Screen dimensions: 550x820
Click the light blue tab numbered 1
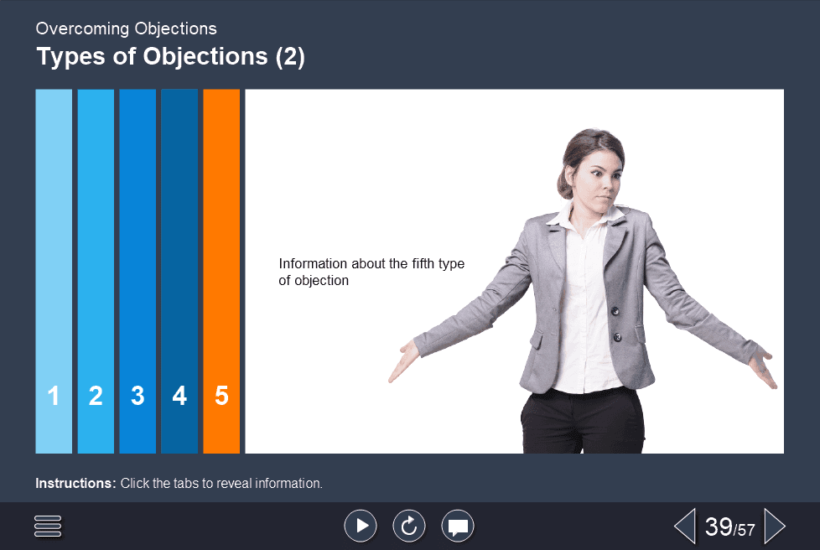54,271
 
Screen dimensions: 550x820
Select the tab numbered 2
96,271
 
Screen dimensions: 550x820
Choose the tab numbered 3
138,271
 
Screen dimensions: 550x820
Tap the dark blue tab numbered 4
179,271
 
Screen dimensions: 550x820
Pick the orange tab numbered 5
221,271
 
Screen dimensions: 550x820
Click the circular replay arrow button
409,526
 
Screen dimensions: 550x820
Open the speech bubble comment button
458,526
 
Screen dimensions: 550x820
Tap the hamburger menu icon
49,526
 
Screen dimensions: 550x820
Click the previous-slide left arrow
684,527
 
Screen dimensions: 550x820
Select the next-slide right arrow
775,527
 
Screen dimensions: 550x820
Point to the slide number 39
719,527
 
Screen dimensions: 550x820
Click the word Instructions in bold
75,484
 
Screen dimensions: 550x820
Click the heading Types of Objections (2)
170,57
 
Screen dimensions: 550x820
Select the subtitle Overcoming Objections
126,29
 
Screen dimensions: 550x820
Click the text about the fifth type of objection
371,272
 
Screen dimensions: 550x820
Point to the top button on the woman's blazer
615,310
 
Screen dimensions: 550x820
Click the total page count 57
746,530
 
